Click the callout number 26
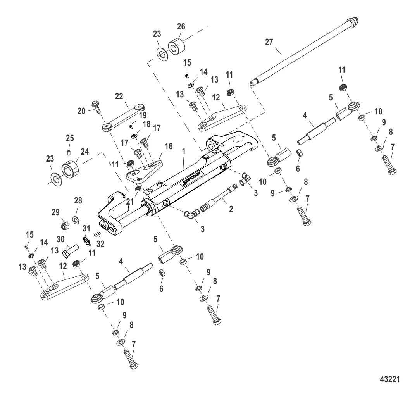[x=181, y=27]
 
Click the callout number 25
[x=69, y=138]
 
